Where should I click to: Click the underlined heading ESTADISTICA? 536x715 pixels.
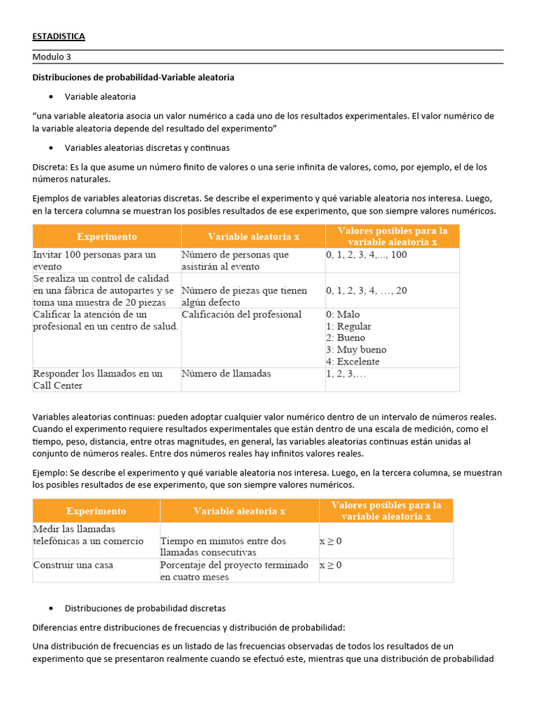[59, 36]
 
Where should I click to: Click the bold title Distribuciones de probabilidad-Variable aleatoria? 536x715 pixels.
[133, 78]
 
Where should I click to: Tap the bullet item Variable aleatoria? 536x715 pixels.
[100, 96]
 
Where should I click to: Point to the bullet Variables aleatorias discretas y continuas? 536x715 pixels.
[147, 148]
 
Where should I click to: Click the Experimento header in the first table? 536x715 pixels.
[107, 237]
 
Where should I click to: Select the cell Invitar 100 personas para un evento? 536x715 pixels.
[94, 260]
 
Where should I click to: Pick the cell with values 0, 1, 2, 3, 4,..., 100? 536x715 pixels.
[366, 255]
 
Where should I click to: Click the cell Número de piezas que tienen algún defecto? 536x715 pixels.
[244, 296]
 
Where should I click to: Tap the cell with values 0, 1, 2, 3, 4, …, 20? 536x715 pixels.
[366, 290]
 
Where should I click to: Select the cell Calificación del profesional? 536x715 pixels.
[241, 314]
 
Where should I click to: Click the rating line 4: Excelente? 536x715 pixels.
[352, 362]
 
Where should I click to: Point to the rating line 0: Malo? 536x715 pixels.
[343, 314]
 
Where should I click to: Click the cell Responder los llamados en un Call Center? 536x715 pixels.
[97, 379]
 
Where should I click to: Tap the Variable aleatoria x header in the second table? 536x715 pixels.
[239, 511]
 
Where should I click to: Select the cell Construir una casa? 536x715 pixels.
[73, 564]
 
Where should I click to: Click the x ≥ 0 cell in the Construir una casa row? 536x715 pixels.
[331, 564]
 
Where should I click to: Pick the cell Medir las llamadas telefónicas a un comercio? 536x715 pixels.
[88, 535]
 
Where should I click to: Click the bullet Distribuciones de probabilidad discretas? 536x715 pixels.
[144, 608]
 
